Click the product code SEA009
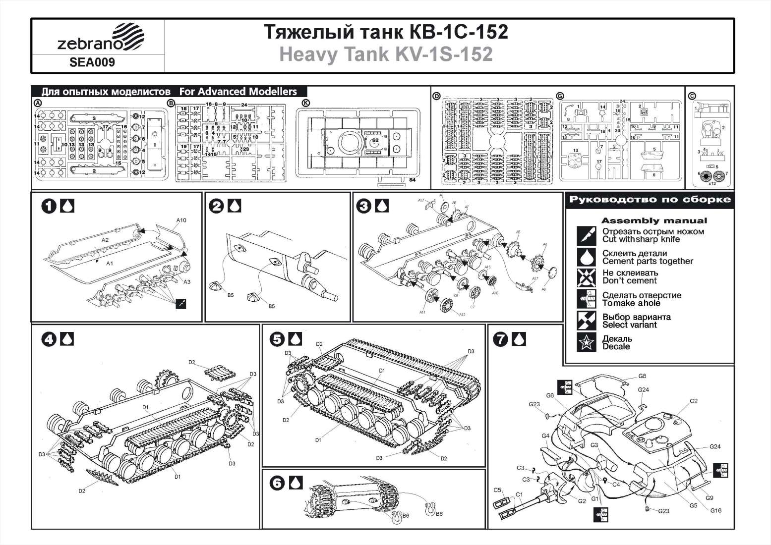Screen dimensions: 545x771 point(92,62)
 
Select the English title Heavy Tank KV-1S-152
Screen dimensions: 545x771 point(386,54)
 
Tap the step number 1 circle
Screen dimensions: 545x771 point(49,206)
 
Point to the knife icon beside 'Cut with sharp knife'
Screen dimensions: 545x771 point(587,235)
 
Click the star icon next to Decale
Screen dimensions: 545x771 point(587,342)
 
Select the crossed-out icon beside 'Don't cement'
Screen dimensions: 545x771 point(587,277)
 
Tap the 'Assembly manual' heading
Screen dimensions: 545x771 point(654,221)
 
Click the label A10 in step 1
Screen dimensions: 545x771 point(181,220)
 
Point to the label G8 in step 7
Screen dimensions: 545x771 point(642,377)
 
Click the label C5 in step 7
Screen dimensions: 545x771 point(498,490)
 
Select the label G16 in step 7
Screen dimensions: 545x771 point(715,511)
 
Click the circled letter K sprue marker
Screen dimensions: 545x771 point(305,103)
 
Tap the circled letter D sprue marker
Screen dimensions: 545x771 point(436,96)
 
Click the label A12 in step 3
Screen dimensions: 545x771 point(462,315)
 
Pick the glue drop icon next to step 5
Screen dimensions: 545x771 point(296,339)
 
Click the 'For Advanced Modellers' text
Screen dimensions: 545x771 point(238,92)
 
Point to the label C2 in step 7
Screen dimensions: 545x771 point(693,401)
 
